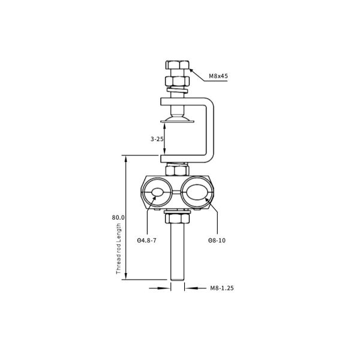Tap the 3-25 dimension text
point(157,139)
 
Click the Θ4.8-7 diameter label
point(147,240)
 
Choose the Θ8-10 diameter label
point(217,240)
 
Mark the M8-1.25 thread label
point(221,288)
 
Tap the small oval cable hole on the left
point(157,193)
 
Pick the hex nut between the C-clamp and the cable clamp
point(176,170)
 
